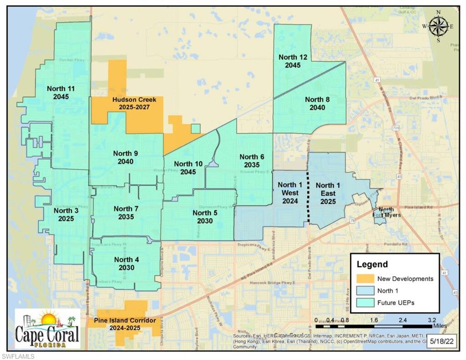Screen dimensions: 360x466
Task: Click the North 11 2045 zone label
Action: tap(61, 92)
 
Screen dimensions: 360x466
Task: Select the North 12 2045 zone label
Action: tap(293, 61)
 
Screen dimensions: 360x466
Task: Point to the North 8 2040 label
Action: tap(317, 103)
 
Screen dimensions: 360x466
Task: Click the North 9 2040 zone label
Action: tap(126, 157)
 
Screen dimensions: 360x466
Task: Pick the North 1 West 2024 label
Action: tap(290, 193)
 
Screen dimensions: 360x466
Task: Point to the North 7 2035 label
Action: tap(126, 213)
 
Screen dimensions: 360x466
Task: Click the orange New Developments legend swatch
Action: tap(365, 278)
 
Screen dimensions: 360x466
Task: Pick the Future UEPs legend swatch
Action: tap(365, 303)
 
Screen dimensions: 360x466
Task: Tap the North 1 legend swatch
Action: tap(365, 291)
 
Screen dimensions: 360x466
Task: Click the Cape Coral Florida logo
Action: tap(47, 329)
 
